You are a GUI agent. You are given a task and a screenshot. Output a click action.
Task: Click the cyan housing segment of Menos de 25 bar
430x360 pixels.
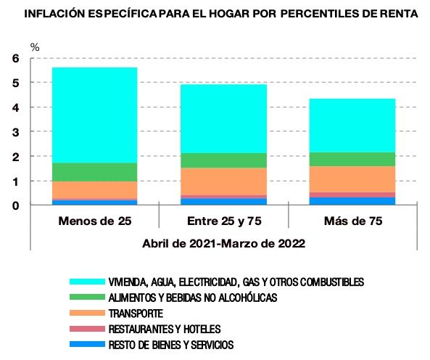(94, 115)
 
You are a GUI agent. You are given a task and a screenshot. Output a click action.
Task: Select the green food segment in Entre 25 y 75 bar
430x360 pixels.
(223, 160)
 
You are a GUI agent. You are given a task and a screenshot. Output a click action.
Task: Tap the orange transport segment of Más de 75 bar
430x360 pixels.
(352, 179)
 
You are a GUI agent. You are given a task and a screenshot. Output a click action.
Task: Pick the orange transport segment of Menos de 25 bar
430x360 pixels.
(94, 189)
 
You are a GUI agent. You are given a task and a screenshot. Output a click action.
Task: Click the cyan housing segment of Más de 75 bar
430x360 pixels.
(352, 126)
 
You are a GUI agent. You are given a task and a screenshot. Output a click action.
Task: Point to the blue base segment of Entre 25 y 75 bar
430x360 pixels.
(223, 202)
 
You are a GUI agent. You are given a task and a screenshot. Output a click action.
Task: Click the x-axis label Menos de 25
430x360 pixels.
(94, 219)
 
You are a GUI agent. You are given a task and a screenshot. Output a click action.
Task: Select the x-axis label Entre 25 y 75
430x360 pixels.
(223, 219)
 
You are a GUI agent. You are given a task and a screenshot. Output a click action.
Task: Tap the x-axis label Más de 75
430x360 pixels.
(352, 219)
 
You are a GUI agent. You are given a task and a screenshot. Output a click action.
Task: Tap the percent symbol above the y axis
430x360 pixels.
(34, 47)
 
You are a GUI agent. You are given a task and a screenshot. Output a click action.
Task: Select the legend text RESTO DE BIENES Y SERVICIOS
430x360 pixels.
(170, 345)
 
